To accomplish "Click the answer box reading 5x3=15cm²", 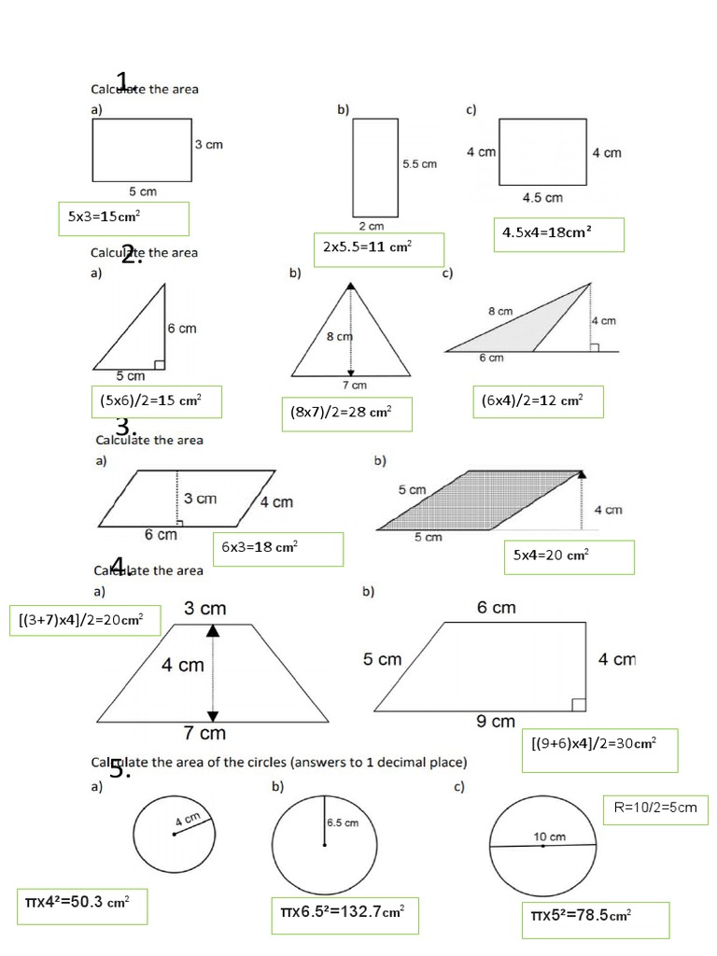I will click(123, 218).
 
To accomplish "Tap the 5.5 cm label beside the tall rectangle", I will click(419, 163).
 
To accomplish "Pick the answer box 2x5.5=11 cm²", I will click(378, 249).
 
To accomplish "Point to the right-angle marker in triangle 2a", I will click(159, 364).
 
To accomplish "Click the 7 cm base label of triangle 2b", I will click(354, 385).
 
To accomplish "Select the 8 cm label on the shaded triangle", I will click(499, 311).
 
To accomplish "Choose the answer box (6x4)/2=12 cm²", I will click(538, 401).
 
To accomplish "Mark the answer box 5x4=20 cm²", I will click(569, 556).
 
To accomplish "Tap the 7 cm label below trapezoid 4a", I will click(204, 733).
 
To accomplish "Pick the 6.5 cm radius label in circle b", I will click(342, 823).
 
